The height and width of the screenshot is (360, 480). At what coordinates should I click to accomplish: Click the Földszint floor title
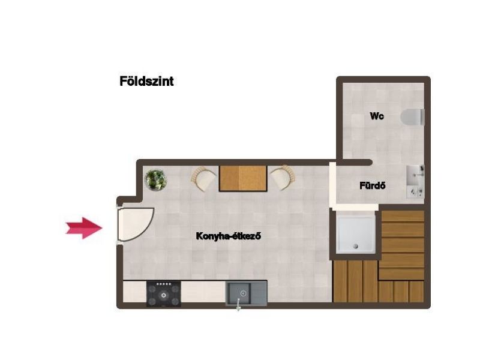click(x=146, y=82)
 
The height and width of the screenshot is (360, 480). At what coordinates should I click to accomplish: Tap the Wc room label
click(x=377, y=116)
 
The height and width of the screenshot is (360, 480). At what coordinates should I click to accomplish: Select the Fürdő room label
click(x=372, y=185)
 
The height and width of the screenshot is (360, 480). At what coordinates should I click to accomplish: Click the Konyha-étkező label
click(x=229, y=236)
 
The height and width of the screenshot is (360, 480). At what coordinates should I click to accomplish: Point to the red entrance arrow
click(x=83, y=228)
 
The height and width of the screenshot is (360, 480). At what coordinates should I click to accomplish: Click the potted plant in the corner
click(x=156, y=180)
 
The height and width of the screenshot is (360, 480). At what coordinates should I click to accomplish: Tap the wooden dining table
click(x=243, y=178)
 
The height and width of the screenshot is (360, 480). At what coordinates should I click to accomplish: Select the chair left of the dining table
click(x=203, y=178)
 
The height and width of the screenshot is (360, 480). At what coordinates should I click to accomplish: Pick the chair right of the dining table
click(x=283, y=178)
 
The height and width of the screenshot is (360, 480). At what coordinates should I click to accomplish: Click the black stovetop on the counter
click(x=163, y=294)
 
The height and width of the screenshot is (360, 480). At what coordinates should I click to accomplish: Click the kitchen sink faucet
click(x=238, y=305)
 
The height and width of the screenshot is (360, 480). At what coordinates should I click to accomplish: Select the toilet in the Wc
click(x=413, y=117)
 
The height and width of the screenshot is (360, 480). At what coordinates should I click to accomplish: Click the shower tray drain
click(x=355, y=246)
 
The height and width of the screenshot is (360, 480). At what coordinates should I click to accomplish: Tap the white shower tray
click(x=355, y=234)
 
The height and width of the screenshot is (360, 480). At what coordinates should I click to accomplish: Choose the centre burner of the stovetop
click(x=164, y=295)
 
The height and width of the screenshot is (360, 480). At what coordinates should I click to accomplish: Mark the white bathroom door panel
click(x=332, y=185)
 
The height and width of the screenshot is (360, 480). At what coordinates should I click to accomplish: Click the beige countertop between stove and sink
click(x=203, y=292)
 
